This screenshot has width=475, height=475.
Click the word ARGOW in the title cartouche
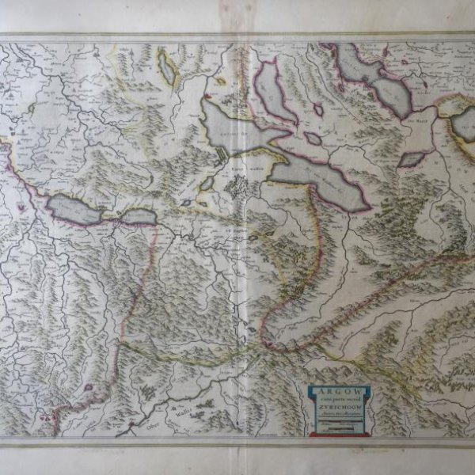[338, 391]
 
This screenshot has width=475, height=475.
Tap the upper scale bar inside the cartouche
[338, 422]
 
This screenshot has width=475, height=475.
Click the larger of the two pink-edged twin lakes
[73, 211]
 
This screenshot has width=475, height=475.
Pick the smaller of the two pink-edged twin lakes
[139, 216]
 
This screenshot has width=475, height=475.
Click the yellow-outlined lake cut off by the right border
[463, 123]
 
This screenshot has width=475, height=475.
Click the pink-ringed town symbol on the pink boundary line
[89, 387]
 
